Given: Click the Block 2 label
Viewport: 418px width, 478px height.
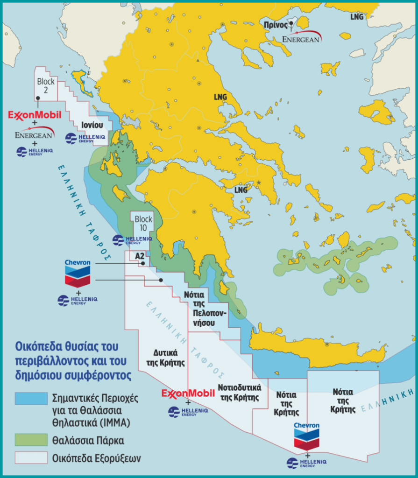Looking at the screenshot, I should click(x=46, y=85).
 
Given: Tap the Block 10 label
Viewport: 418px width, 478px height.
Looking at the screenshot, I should click(x=143, y=223).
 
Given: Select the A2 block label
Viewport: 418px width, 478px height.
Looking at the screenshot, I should click(x=139, y=256).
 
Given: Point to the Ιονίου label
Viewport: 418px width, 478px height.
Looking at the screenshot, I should click(x=89, y=126).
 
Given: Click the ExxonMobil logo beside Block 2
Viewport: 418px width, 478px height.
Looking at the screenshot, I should click(x=35, y=114).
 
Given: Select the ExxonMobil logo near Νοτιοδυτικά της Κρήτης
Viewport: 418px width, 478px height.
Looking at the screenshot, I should click(x=188, y=394).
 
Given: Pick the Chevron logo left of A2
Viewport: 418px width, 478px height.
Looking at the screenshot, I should click(x=78, y=273).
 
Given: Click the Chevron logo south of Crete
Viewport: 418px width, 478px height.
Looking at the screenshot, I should click(x=306, y=436).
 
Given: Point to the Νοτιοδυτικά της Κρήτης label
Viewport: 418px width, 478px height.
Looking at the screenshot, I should click(x=239, y=392).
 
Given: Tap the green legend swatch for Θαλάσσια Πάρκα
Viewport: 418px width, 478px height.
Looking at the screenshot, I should click(x=31, y=440).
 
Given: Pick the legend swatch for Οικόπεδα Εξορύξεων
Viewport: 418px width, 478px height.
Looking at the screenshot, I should click(x=31, y=458).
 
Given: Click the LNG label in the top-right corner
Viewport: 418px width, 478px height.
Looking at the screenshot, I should click(x=356, y=16).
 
